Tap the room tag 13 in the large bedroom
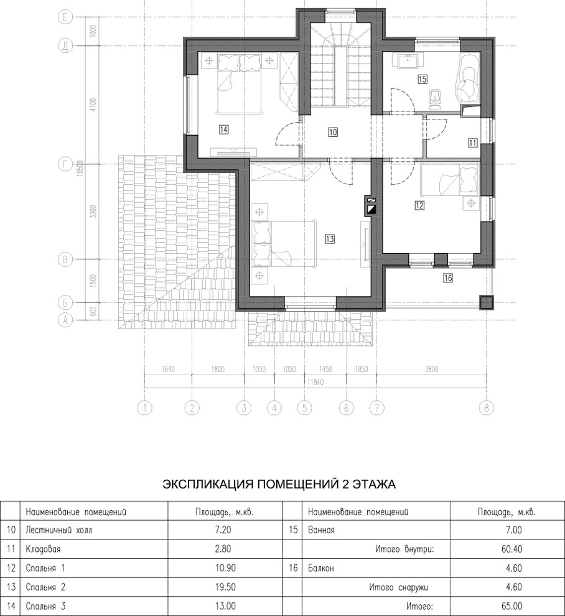tap(330, 238)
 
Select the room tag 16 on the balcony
tap(447, 278)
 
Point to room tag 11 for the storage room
tap(473, 142)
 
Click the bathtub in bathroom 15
tap(468, 80)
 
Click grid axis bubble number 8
tap(485, 408)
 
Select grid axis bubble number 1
tap(145, 408)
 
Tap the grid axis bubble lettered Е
tap(65, 18)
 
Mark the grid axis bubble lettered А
tap(65, 320)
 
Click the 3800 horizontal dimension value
tap(432, 369)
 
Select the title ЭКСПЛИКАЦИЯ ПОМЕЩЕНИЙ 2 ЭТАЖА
tap(279, 483)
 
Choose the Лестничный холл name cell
tap(53, 531)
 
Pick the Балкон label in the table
tap(322, 569)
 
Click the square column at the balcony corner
tap(486, 302)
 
